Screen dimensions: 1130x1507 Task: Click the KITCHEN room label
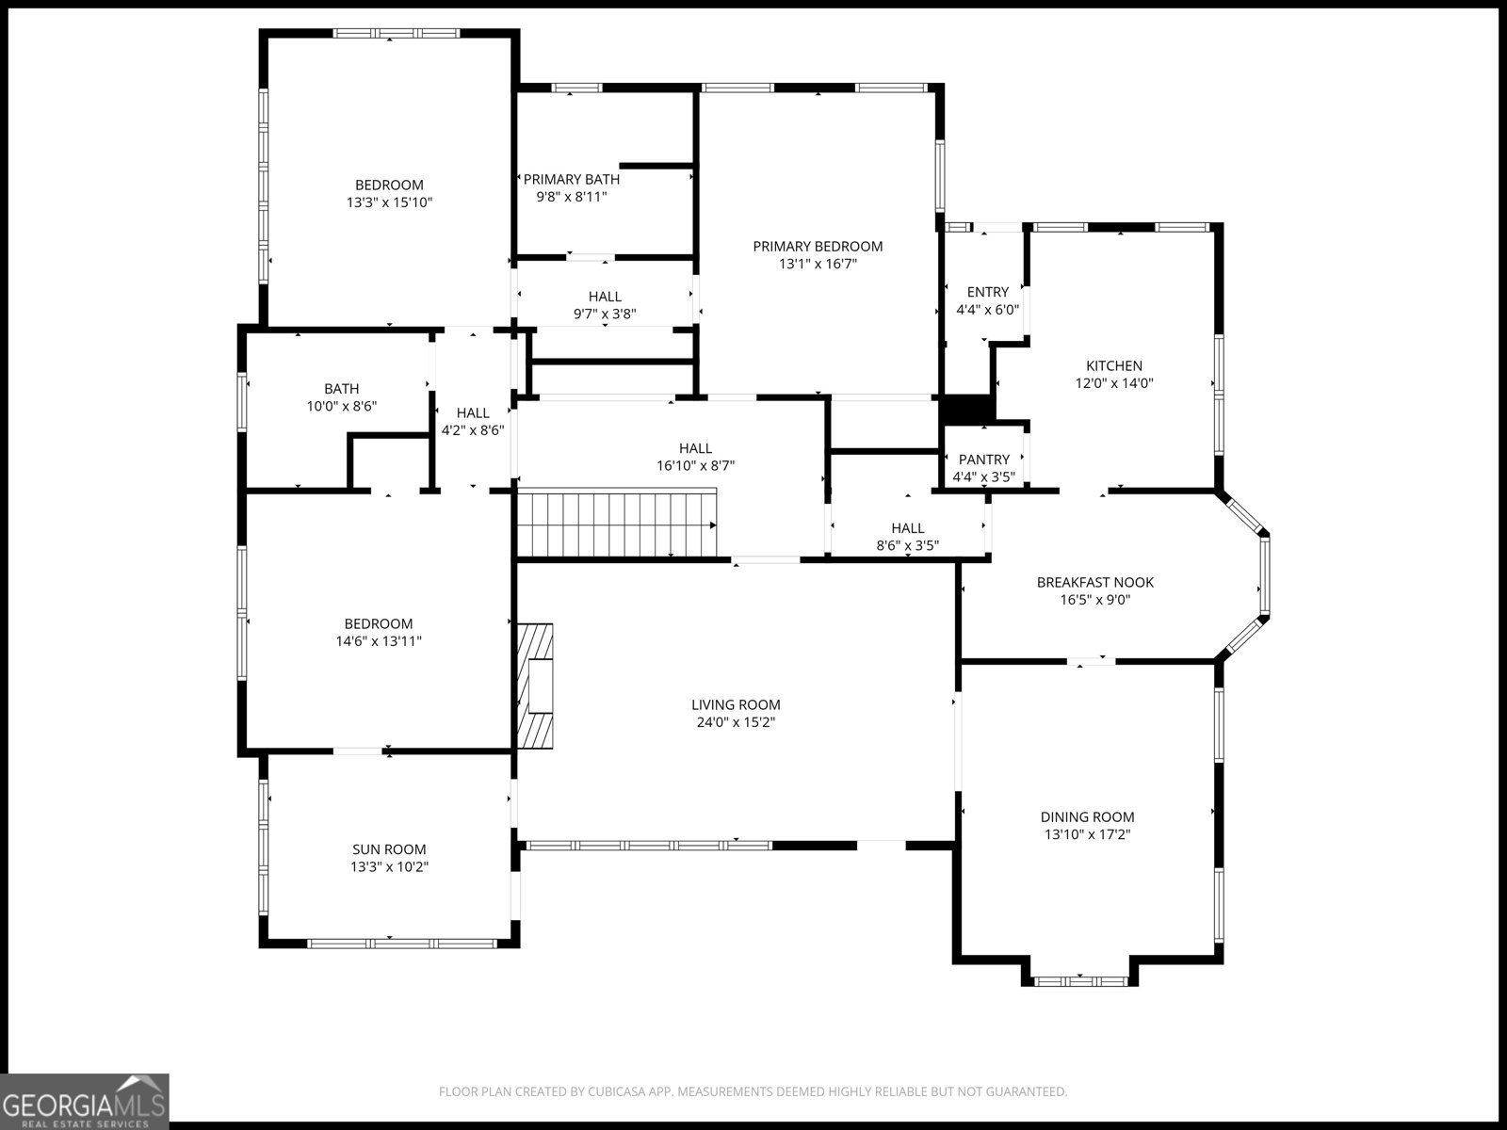(1114, 365)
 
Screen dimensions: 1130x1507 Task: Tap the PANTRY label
(983, 460)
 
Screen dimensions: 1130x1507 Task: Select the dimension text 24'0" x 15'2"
(735, 722)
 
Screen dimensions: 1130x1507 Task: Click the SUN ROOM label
(389, 849)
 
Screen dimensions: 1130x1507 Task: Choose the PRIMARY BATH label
(571, 179)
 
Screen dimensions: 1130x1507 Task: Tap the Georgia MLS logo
(85, 1101)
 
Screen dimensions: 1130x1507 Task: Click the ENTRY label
(987, 292)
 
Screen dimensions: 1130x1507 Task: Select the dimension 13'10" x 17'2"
(1087, 834)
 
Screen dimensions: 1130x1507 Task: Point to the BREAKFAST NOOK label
(1094, 582)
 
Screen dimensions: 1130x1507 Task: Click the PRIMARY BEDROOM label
(818, 247)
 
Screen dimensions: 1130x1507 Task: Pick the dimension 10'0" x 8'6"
(341, 406)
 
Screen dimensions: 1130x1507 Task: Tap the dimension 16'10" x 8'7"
(695, 465)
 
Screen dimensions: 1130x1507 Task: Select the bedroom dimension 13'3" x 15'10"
(389, 202)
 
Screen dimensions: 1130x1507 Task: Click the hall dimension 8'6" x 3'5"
(907, 545)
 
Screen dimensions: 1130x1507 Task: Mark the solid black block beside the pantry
(967, 411)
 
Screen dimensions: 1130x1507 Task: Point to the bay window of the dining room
(1079, 980)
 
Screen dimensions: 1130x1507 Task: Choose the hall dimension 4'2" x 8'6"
(473, 430)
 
